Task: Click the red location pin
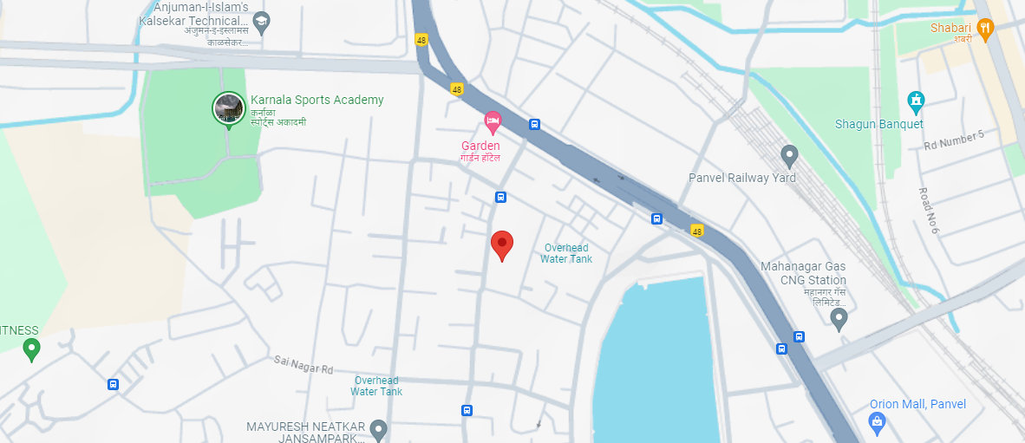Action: [502, 245]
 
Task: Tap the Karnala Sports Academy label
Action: [317, 100]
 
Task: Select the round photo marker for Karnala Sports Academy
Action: [229, 107]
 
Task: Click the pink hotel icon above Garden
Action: [493, 120]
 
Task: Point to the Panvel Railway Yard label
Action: [741, 178]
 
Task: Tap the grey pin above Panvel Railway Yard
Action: [789, 156]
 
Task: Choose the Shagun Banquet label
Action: [878, 124]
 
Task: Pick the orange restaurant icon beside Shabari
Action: [984, 29]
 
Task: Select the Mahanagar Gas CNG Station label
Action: [803, 280]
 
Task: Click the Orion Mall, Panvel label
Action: [917, 404]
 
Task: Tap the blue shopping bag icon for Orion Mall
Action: [877, 422]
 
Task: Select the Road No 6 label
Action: [929, 210]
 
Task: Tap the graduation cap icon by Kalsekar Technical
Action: [262, 21]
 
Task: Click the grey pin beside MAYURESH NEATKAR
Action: [378, 428]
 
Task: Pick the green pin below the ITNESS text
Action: [32, 349]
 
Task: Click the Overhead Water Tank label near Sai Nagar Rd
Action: [376, 386]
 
